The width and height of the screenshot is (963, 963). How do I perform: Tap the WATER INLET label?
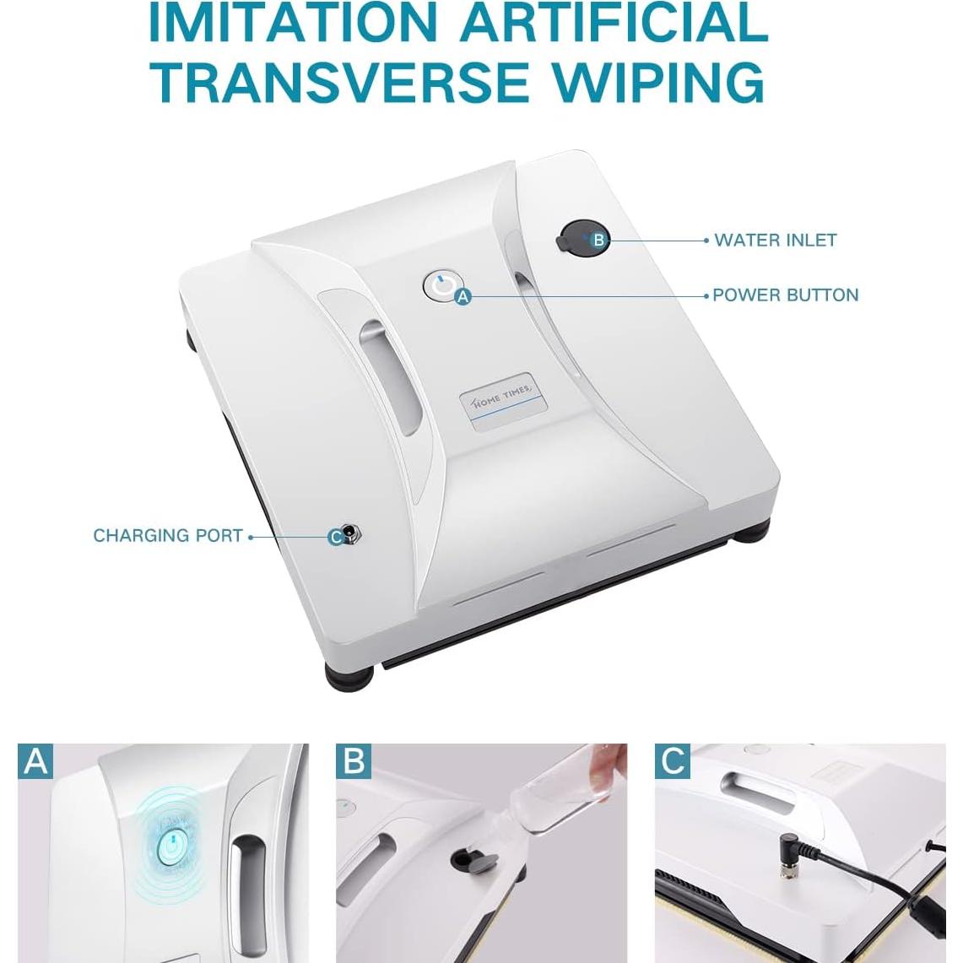click(x=775, y=240)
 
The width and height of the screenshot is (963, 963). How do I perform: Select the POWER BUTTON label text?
click(x=785, y=295)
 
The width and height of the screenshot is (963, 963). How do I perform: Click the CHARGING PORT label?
click(x=168, y=535)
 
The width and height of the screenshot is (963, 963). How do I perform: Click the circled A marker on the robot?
click(x=463, y=296)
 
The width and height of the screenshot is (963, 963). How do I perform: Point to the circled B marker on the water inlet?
click(x=598, y=240)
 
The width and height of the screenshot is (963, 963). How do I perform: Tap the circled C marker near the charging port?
click(x=336, y=536)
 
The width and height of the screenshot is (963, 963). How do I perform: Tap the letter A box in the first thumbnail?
click(x=35, y=760)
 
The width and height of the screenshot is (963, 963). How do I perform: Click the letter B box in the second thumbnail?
click(x=354, y=760)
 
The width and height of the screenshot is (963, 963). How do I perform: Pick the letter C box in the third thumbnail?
click(x=673, y=760)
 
